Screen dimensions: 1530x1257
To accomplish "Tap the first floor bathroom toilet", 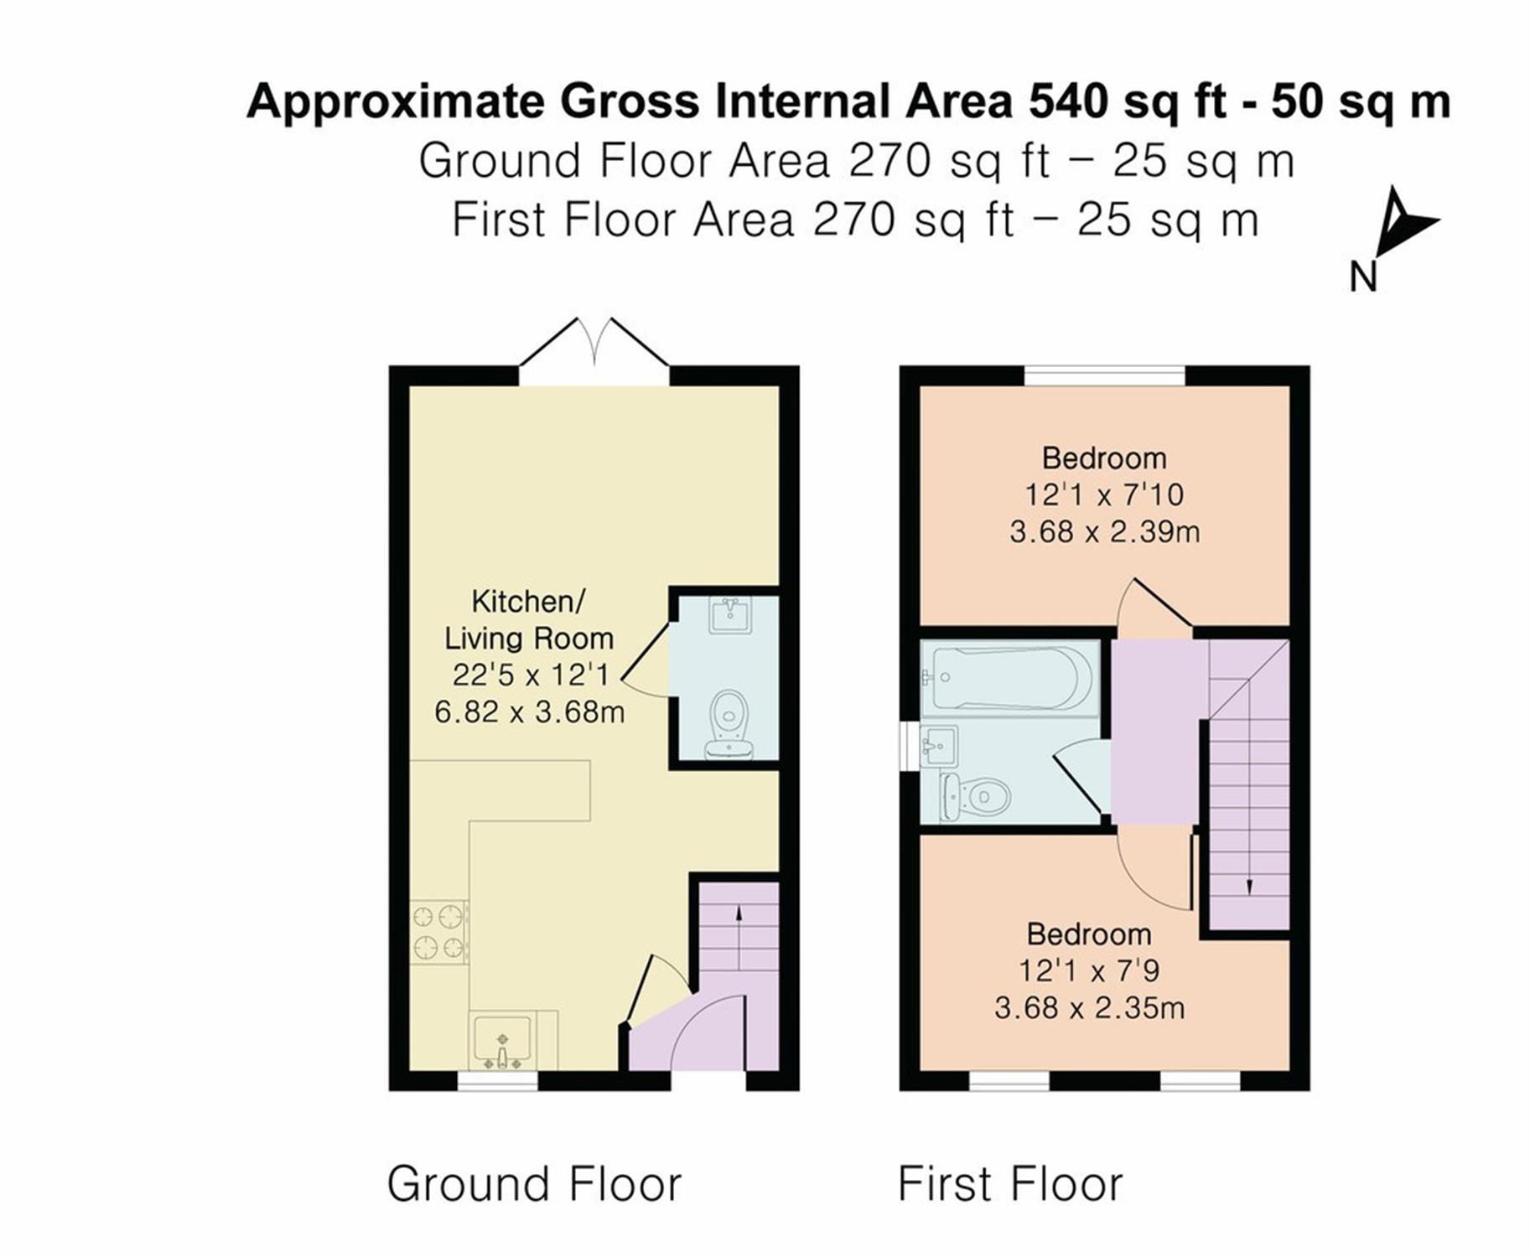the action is [x=975, y=796].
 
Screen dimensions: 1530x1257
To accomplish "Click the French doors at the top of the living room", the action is [x=594, y=350].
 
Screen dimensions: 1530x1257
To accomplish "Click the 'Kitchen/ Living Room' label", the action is [x=528, y=619].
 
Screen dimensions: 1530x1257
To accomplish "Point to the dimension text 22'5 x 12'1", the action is [x=530, y=674].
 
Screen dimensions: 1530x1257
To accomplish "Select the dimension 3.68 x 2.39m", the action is [x=1104, y=531].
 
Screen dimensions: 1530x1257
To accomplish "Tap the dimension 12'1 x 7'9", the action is [x=1089, y=970].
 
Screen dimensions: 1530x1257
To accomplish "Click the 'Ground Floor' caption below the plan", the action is [x=534, y=1185].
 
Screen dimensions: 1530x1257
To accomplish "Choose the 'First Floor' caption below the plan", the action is [x=1010, y=1185].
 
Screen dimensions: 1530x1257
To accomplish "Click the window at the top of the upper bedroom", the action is [x=1104, y=376].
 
